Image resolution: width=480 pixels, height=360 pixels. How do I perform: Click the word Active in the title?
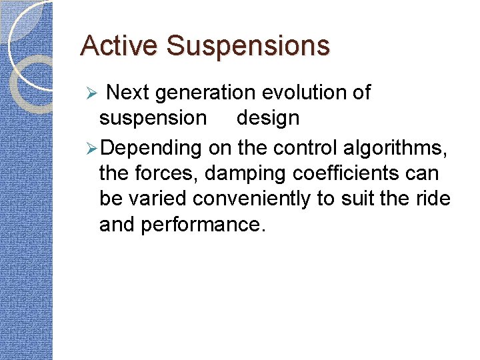coord(120,46)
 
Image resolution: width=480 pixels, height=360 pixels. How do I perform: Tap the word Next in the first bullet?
coord(128,93)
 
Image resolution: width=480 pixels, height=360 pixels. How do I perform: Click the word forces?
coord(170,173)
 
